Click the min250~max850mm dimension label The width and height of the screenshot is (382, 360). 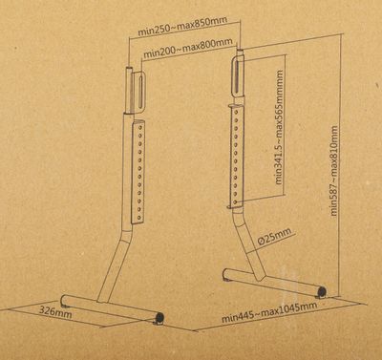pos(182,26)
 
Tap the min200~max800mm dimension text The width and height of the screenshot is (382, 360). pos(188,48)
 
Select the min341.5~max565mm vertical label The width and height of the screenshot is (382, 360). pos(279,127)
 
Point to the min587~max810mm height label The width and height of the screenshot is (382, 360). pos(334,171)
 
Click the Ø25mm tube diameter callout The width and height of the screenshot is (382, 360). pos(274,236)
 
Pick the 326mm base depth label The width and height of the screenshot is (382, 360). pos(55,312)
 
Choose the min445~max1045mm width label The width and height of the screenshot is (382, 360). pos(269,311)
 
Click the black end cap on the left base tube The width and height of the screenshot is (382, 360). pos(159,317)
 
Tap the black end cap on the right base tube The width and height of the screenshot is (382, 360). pos(323,291)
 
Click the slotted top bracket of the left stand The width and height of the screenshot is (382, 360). pos(138,93)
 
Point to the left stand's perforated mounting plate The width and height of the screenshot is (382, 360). pos(138,172)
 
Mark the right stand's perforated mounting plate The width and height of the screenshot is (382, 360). pos(236,157)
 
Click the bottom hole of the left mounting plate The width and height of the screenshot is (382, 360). pos(139,217)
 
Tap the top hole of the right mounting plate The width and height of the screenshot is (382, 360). pos(236,113)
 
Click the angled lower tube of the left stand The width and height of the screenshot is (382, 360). pos(114,266)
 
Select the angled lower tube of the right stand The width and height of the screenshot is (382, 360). pos(250,245)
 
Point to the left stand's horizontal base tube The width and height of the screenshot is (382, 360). pos(112,308)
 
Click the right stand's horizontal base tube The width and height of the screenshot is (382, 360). pos(274,282)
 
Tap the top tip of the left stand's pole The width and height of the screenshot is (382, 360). pos(129,68)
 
